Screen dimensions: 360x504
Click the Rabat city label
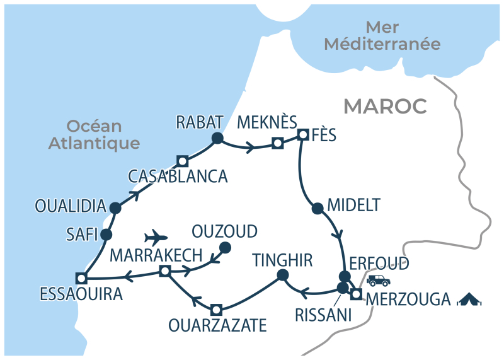[200, 122]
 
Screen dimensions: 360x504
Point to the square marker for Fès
[303, 134]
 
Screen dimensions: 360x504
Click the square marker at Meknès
[277, 144]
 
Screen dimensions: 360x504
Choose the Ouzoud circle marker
[224, 247]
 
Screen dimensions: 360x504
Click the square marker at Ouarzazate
[216, 309]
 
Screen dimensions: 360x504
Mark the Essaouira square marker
[81, 277]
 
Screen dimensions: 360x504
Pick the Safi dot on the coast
[106, 235]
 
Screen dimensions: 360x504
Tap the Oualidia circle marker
[115, 207]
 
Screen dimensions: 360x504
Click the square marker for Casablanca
[183, 161]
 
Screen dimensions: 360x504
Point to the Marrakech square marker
[164, 271]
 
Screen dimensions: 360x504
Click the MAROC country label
[385, 107]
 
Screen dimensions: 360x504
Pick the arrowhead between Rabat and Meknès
[251, 149]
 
